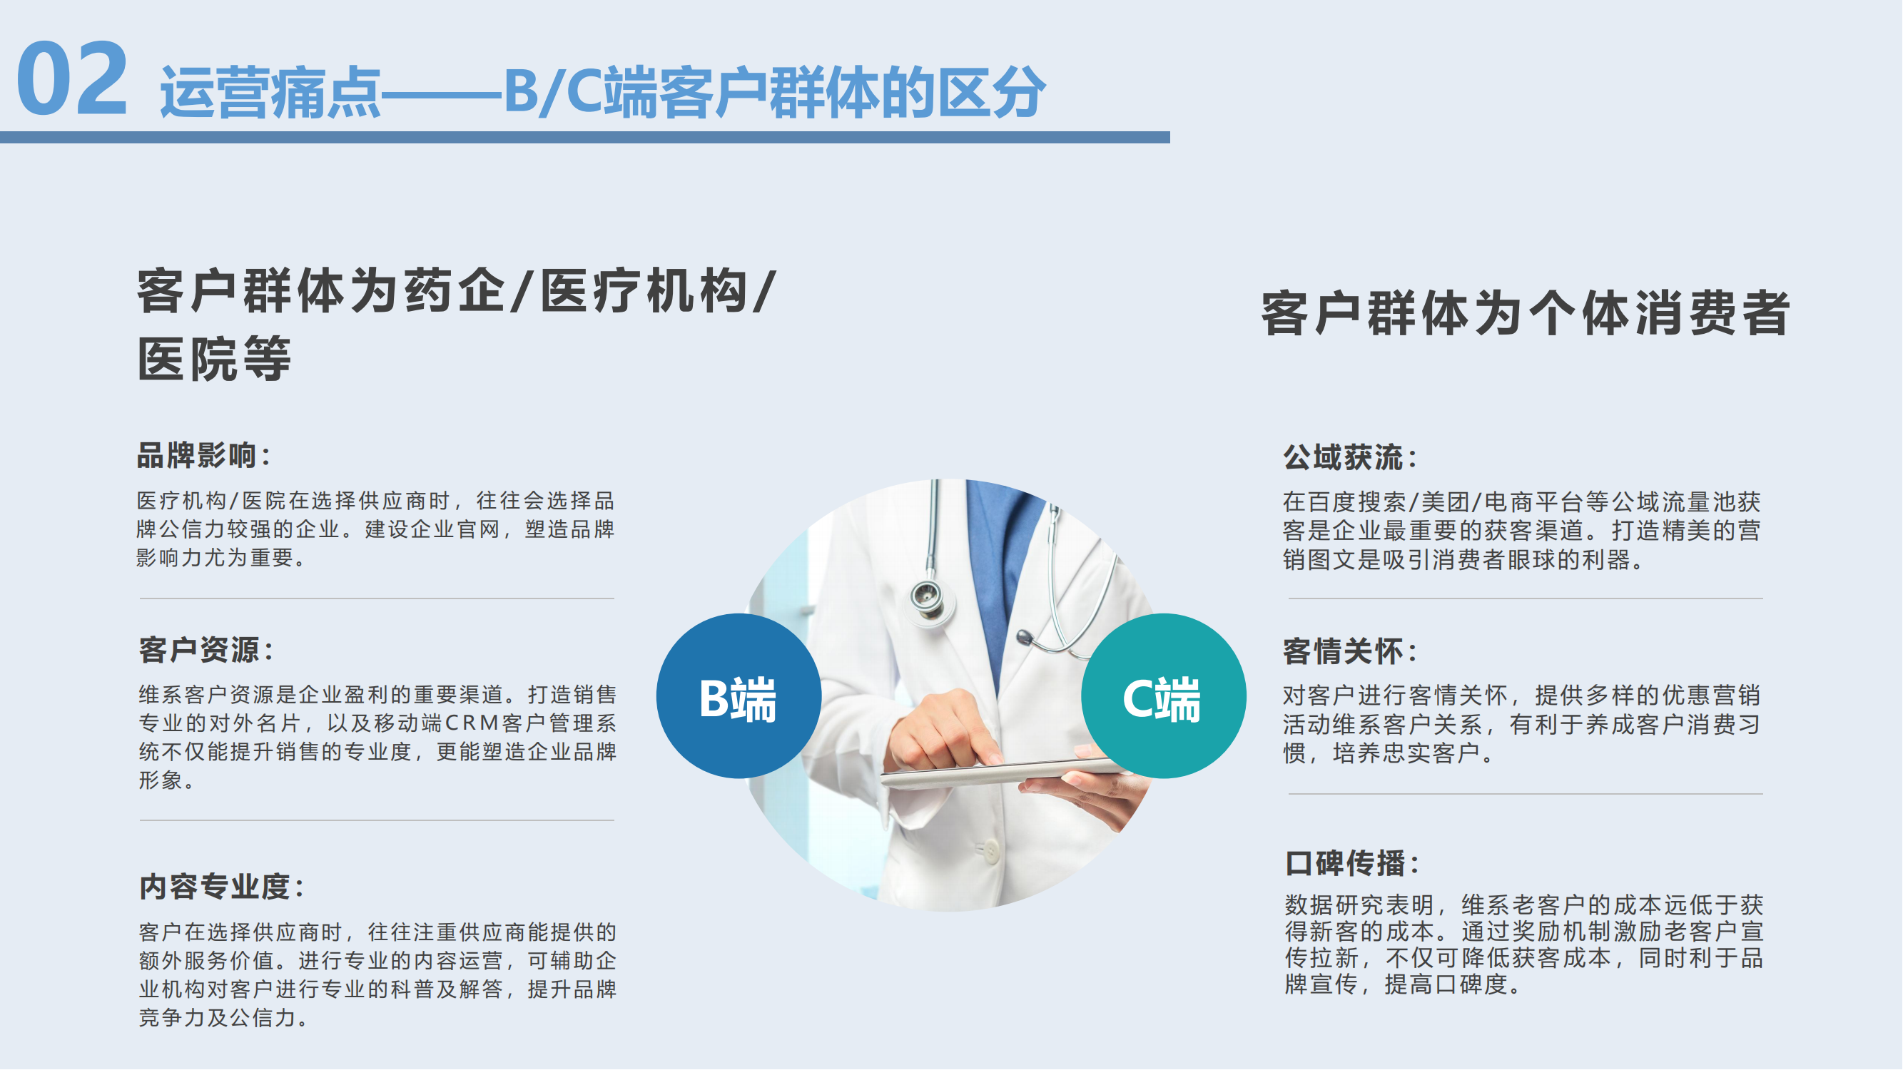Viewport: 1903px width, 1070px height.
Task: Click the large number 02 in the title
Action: [72, 78]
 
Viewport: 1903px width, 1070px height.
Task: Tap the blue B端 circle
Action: [739, 695]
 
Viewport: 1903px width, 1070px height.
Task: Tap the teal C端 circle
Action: [1164, 695]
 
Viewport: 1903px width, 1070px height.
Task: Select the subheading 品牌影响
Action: [196, 456]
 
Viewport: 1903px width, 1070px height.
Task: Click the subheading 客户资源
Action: [200, 650]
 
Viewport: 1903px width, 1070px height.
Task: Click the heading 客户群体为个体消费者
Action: [1526, 313]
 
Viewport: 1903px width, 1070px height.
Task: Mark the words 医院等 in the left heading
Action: [214, 359]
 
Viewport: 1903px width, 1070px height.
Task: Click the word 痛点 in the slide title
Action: [326, 92]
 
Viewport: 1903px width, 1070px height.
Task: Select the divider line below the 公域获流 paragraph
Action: [1526, 598]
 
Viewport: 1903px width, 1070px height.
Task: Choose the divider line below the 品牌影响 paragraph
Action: [377, 598]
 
